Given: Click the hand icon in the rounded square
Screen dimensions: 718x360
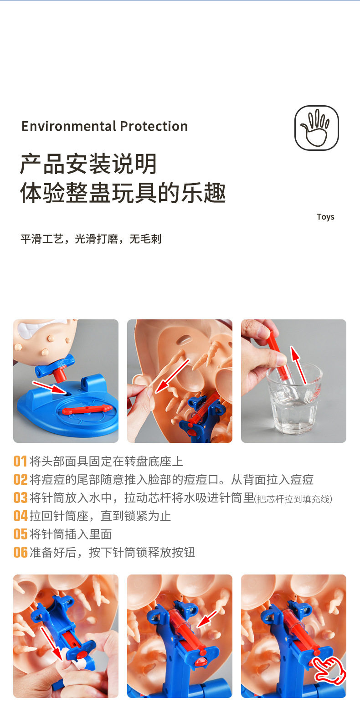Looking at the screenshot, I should click(316, 128).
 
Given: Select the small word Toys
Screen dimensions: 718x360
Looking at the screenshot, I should click(325, 217).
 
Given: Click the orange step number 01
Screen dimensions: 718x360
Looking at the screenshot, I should click(20, 462).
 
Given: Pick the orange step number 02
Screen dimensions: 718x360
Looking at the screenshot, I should click(21, 480).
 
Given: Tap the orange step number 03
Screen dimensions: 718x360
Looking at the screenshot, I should click(21, 498).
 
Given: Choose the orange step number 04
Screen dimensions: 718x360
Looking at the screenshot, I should click(21, 516).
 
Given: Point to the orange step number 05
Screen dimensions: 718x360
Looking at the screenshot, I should click(21, 534).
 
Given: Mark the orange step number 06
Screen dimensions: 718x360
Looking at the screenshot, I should click(21, 553).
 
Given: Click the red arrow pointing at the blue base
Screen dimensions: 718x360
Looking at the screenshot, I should click(50, 388).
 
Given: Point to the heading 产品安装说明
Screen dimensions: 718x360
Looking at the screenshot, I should click(88, 164).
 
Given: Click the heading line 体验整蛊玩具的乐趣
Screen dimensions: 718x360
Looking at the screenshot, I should click(123, 193).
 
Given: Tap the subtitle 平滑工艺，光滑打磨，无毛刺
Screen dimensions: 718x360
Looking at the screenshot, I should click(91, 239).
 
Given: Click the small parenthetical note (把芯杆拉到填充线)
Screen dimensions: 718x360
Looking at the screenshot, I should click(293, 499).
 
